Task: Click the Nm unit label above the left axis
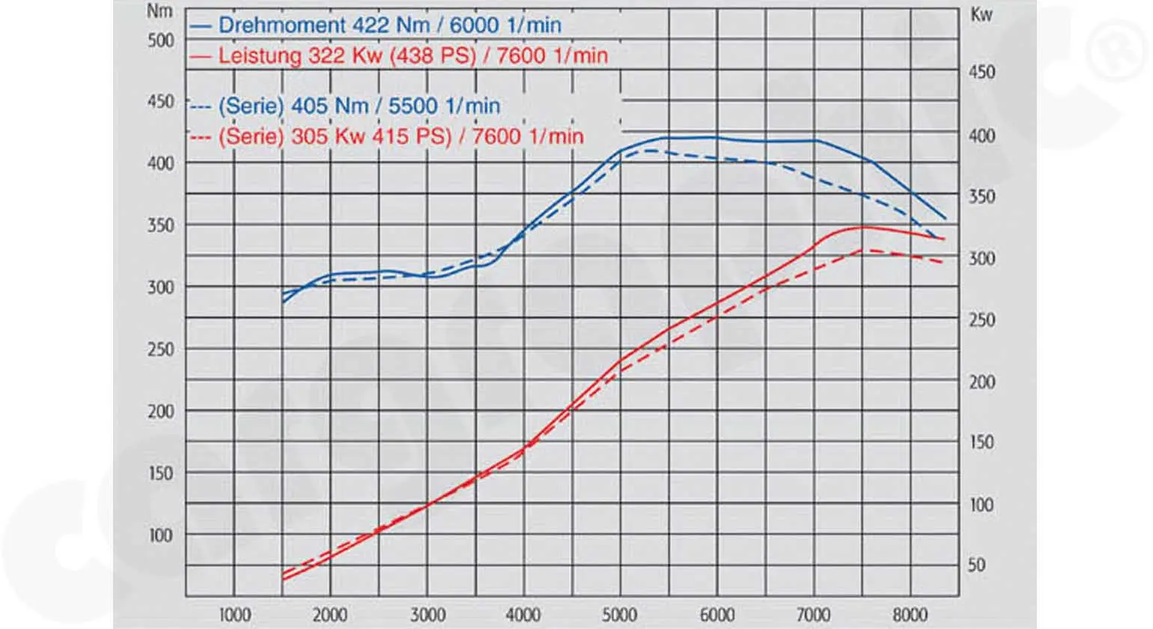tap(159, 11)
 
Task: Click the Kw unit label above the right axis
tap(981, 14)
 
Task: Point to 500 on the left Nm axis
tap(160, 40)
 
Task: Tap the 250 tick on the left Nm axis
tap(160, 349)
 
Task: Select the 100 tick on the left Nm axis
tap(160, 535)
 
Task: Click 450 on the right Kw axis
tap(982, 72)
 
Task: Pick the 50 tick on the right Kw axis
tap(976, 565)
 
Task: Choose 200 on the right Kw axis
tap(982, 382)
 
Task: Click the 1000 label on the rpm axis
tap(234, 615)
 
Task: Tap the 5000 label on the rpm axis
tap(620, 615)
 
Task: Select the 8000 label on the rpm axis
tap(910, 615)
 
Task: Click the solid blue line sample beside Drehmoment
tap(201, 25)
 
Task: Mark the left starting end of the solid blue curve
tap(283, 302)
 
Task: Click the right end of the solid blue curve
tap(946, 219)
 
